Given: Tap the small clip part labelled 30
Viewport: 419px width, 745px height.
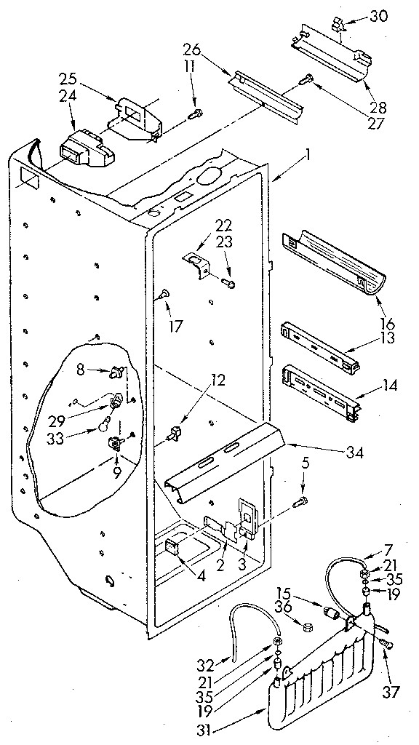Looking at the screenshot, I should (337, 26).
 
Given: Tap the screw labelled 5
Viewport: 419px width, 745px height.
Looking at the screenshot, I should (300, 502).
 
